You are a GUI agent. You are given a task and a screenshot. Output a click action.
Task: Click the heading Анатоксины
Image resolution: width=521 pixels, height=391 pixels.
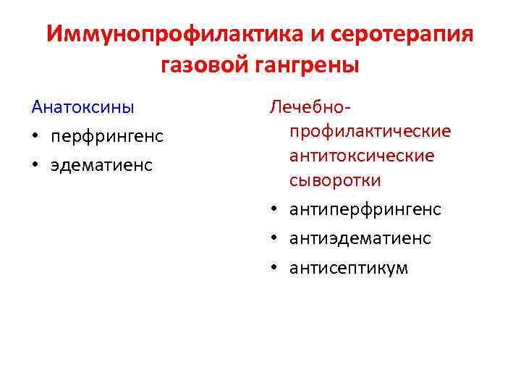(x=82, y=107)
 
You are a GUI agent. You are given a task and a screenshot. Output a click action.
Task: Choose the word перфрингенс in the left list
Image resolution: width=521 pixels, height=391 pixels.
(x=107, y=136)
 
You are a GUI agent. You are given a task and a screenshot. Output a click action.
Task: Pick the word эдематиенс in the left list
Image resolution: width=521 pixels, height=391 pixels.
(x=101, y=165)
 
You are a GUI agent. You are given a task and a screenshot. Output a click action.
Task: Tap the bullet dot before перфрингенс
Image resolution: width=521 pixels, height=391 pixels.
(x=35, y=137)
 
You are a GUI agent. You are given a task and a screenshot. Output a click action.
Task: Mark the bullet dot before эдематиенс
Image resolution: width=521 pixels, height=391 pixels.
(x=35, y=166)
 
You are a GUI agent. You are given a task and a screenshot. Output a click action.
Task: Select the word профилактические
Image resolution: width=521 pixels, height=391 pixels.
(x=370, y=132)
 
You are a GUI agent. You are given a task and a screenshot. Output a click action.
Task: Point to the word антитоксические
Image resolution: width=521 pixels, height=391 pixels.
(x=362, y=156)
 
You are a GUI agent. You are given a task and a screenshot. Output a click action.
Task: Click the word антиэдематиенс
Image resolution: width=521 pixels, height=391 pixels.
(x=360, y=238)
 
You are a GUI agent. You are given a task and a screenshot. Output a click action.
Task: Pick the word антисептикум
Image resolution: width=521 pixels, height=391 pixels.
(x=349, y=268)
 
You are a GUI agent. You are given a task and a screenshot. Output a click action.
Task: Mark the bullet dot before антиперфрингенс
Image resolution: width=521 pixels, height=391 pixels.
(x=275, y=210)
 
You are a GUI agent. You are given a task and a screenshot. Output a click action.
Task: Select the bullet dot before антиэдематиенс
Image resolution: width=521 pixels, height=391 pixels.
(x=275, y=239)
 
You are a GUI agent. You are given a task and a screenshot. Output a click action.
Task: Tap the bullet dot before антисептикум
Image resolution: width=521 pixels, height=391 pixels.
(x=275, y=269)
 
